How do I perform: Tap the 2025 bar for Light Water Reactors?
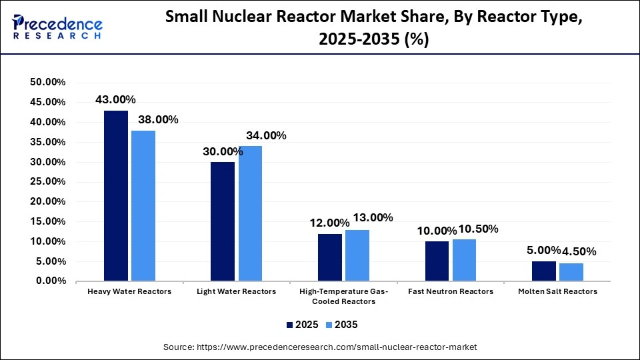click(223, 221)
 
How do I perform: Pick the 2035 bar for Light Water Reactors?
click(250, 213)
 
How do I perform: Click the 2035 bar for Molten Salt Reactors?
click(571, 272)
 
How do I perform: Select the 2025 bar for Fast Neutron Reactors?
click(437, 261)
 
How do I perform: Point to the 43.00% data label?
click(115, 99)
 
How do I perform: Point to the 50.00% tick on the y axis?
click(47, 82)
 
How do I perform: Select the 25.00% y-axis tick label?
click(47, 181)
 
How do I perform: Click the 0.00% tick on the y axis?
click(50, 281)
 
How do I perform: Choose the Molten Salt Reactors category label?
click(557, 291)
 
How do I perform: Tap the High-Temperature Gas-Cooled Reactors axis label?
click(344, 296)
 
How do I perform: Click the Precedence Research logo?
click(57, 27)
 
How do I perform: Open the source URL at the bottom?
click(320, 347)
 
